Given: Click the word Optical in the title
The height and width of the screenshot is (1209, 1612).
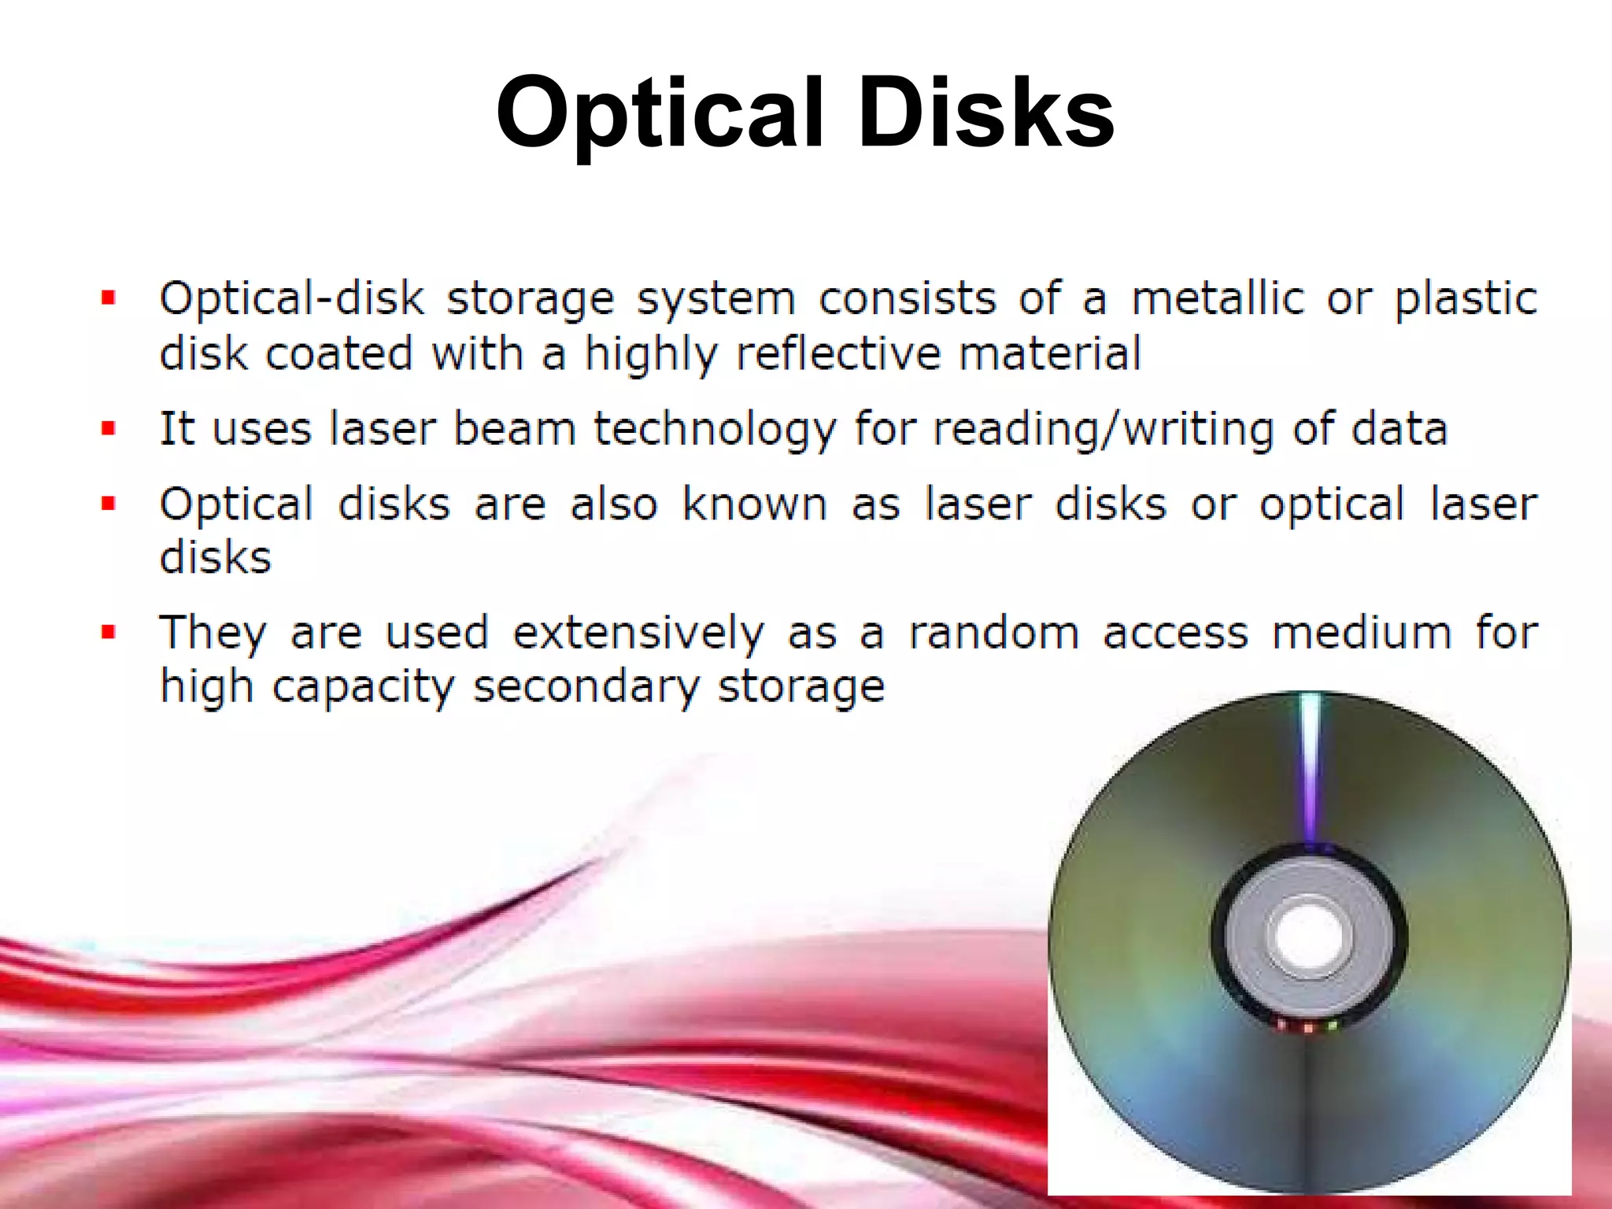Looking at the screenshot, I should coord(660,113).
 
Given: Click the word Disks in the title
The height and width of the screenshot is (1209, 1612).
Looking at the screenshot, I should coord(985,113).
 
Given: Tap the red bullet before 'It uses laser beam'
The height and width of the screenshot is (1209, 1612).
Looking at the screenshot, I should coord(109,429).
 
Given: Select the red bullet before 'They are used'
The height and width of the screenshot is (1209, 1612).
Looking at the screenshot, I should coord(109,632).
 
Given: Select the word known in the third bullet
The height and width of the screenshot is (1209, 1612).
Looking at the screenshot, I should coord(754,504).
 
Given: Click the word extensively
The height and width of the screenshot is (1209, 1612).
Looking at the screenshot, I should coord(638,634).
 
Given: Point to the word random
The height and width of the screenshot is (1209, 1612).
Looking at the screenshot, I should coord(993,632).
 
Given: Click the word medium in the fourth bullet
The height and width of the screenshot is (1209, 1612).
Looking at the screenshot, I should coord(1362,632).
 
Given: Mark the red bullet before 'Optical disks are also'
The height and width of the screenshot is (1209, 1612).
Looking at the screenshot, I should coord(109,504).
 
